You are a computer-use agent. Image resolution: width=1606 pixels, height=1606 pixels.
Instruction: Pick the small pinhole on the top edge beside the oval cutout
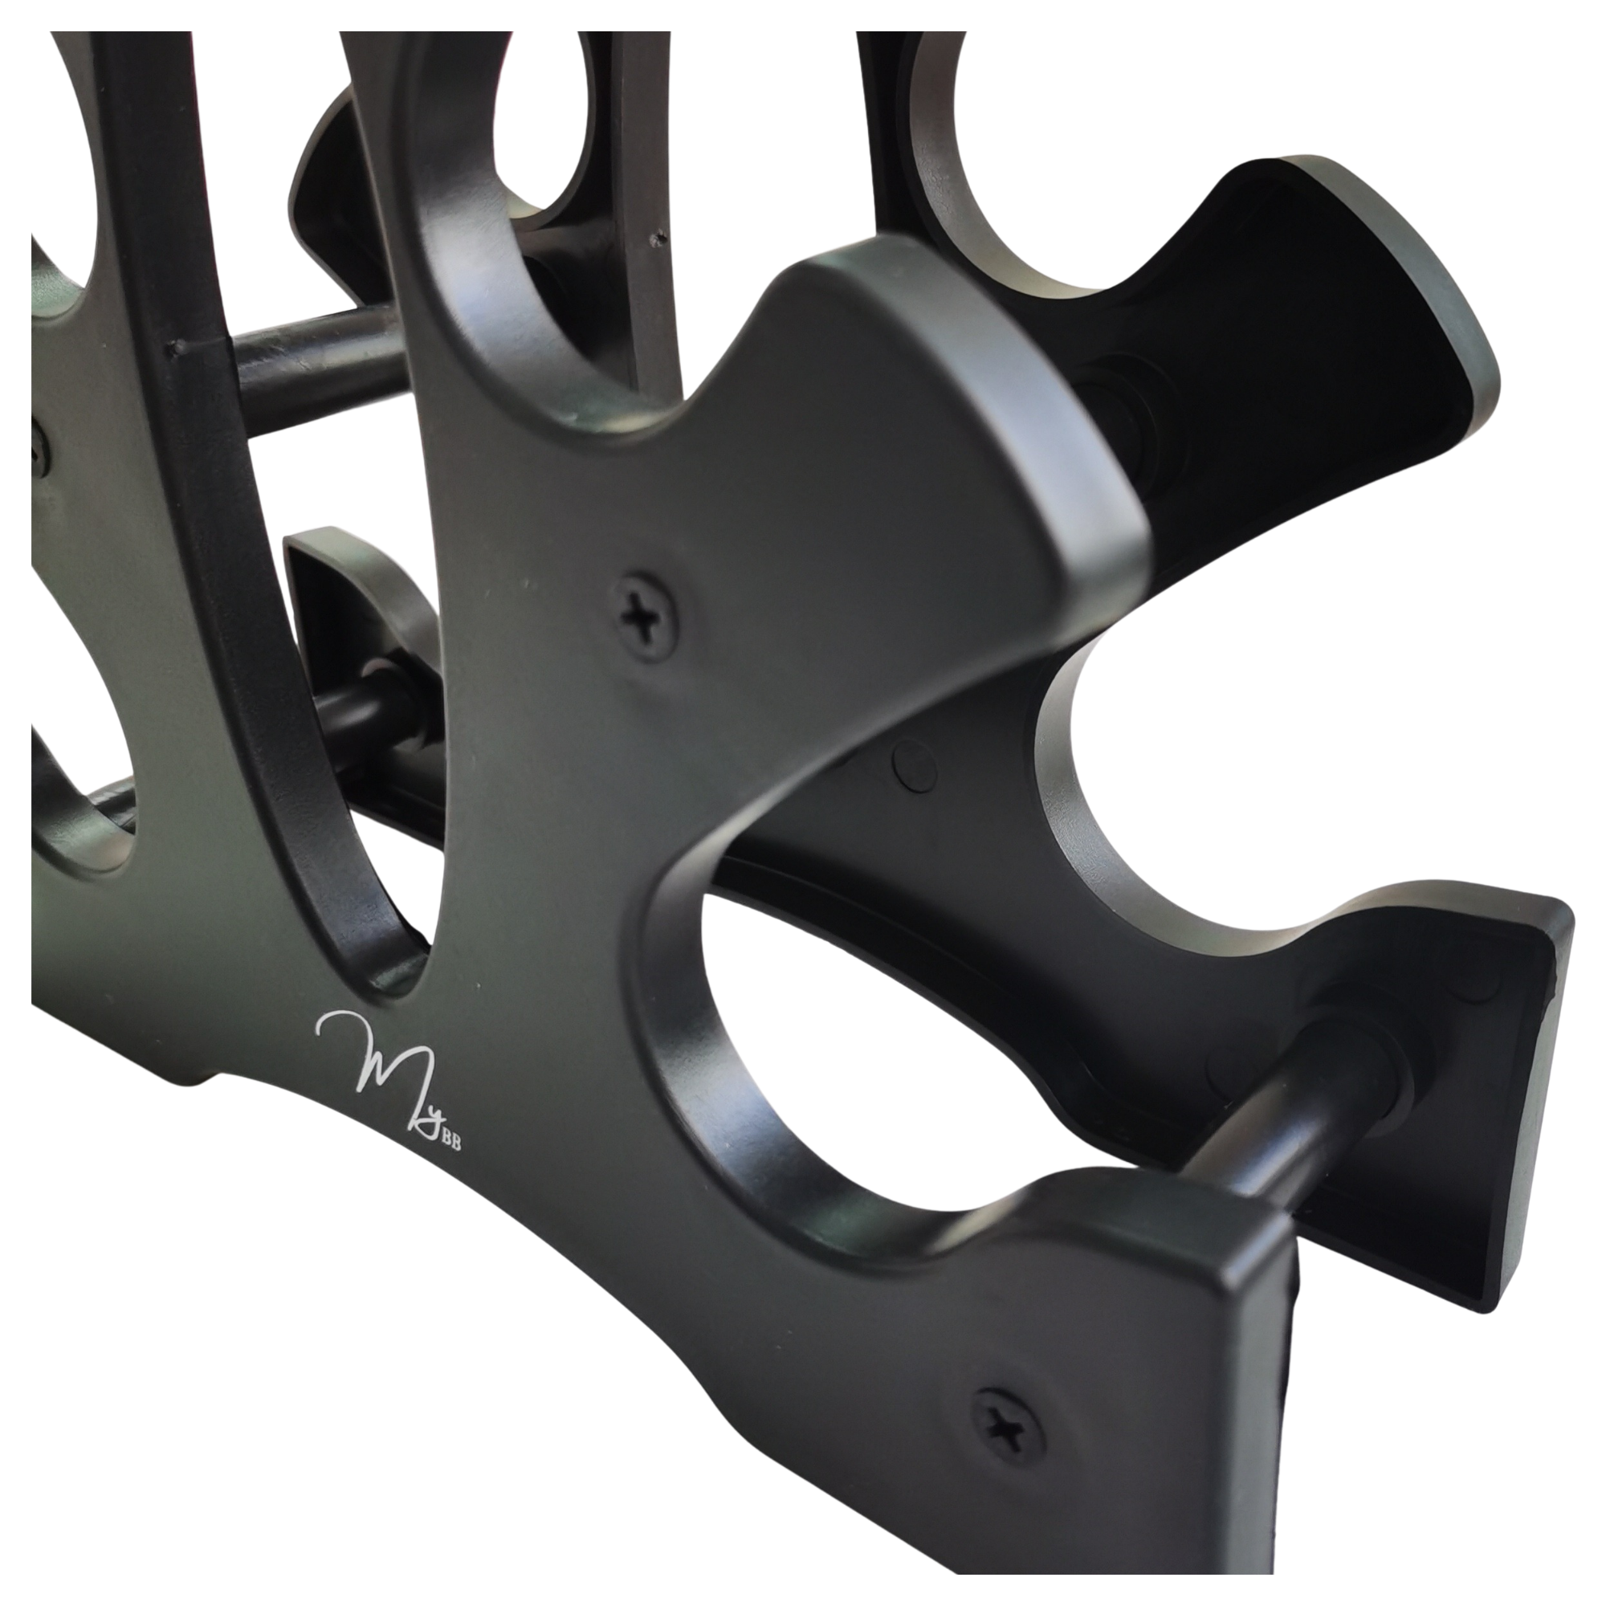tap(658, 238)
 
